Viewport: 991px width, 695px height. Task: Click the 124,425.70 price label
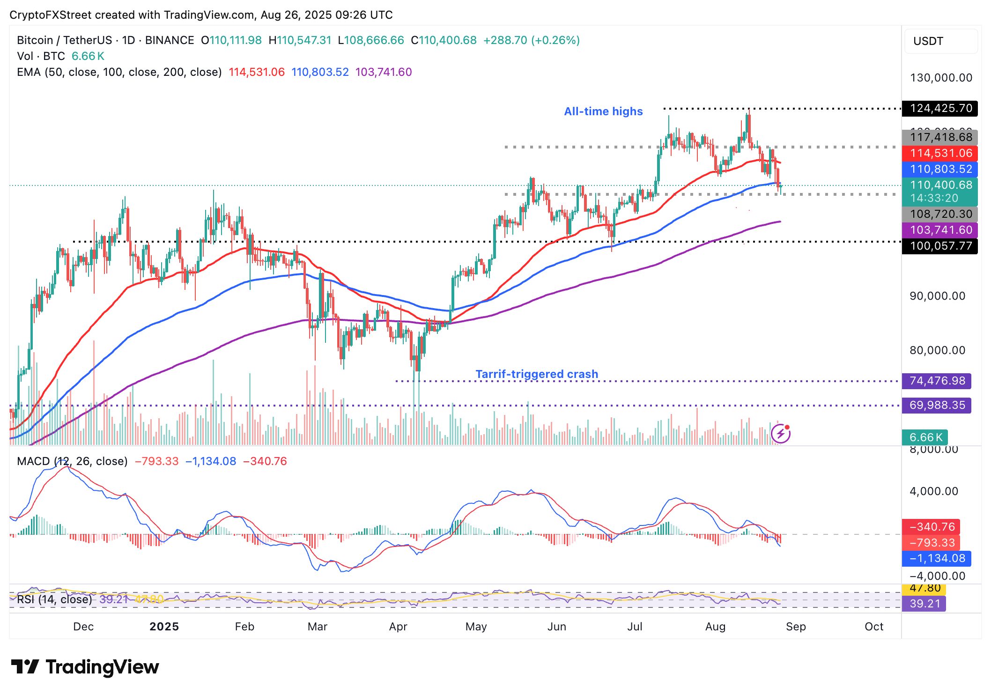coord(940,108)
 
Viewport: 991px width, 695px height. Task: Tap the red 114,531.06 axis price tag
coord(940,153)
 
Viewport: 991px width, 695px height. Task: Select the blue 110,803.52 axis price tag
coord(940,169)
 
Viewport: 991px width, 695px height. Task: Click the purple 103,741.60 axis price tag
coord(940,230)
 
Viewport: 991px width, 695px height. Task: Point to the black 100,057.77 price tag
coord(940,246)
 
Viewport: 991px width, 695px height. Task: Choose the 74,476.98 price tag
coord(937,381)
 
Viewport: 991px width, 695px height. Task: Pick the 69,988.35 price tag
coord(937,405)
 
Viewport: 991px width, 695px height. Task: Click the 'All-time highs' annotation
coord(603,111)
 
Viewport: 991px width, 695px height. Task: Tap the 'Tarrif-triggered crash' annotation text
coord(537,374)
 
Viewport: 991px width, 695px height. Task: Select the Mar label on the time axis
coord(318,627)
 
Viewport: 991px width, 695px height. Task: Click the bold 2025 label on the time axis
coord(164,627)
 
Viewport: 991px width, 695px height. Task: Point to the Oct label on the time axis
coord(874,627)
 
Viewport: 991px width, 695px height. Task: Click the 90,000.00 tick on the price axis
coord(937,296)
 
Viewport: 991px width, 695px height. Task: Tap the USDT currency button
coord(940,41)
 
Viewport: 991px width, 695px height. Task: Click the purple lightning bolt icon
coord(781,434)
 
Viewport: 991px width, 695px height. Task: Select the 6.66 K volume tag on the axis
coord(925,437)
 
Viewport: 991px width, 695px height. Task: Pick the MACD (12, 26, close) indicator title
coord(72,461)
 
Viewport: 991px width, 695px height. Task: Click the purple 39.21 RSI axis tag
coord(924,604)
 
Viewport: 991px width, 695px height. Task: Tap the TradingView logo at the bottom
coord(85,667)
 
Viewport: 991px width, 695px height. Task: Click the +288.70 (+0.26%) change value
coord(532,40)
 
